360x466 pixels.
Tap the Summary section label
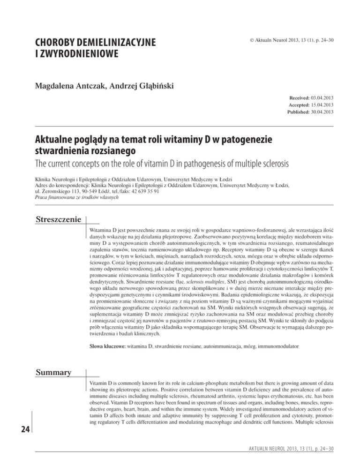click(51, 360)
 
